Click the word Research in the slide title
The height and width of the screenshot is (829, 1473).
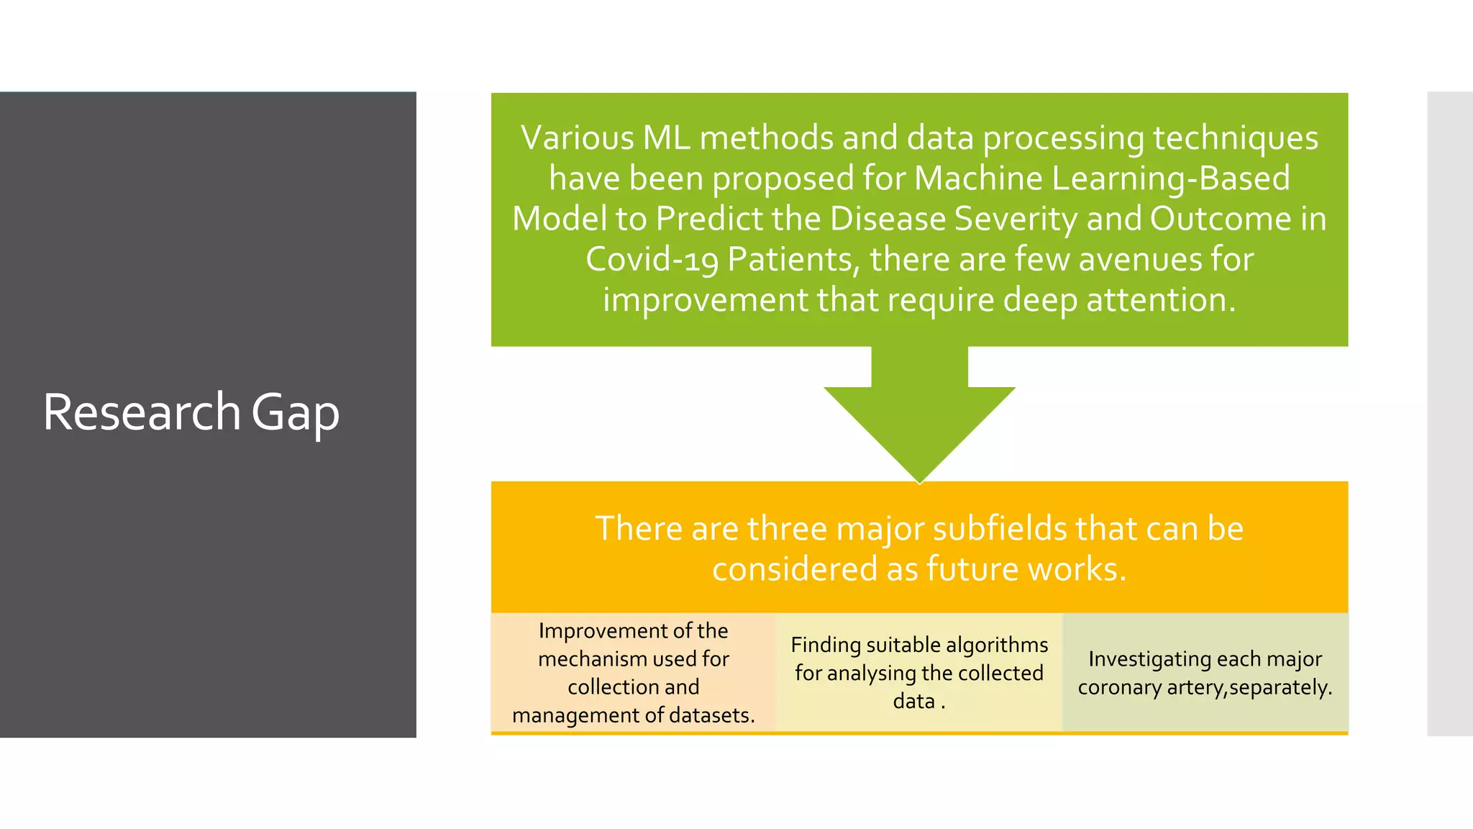(x=141, y=412)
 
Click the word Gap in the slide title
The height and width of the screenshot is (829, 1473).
(x=295, y=414)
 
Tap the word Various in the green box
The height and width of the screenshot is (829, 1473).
(x=577, y=137)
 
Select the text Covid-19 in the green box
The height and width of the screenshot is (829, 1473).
(x=652, y=259)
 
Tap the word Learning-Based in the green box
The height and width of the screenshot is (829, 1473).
(x=1171, y=178)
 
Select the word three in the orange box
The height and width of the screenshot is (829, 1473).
(x=787, y=528)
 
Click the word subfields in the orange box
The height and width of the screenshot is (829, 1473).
(x=999, y=528)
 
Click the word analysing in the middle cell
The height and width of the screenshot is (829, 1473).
(x=871, y=674)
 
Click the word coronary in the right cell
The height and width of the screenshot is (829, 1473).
(x=1119, y=687)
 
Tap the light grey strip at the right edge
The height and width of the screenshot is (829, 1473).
(x=1449, y=414)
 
